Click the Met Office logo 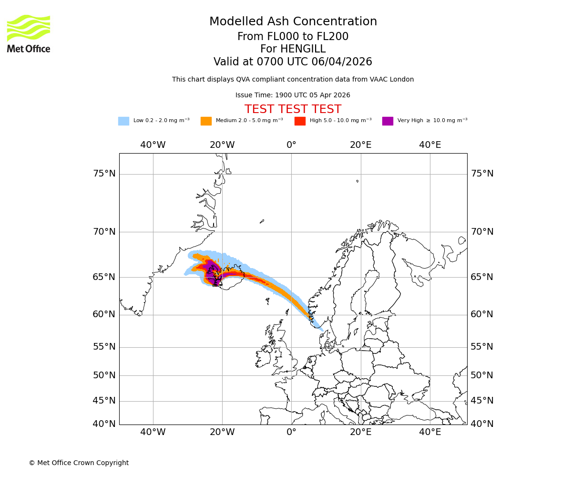pos(29,33)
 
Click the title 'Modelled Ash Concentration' pos(293,22)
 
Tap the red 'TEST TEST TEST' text pos(293,109)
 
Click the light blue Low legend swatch pos(123,121)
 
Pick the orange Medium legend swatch pos(206,121)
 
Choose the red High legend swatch pos(300,121)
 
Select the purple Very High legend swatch pos(388,121)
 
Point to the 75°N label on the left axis pos(104,174)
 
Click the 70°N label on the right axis pos(482,232)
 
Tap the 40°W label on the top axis pos(153,145)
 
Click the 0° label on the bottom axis pos(291,432)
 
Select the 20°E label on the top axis pos(361,145)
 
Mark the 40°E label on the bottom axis pos(430,432)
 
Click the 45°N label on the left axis pos(104,401)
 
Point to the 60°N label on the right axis pos(482,314)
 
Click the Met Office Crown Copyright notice pos(79,463)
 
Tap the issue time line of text pos(293,95)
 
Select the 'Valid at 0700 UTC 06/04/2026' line pos(293,62)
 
